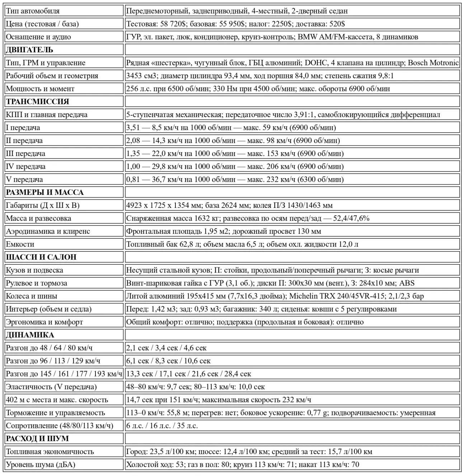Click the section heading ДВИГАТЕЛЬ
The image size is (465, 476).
pyautogui.click(x=29, y=50)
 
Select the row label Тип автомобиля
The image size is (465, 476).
pyautogui.click(x=33, y=11)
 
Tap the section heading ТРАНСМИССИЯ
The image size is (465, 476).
pyautogui.click(x=37, y=102)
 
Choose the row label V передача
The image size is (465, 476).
pyautogui.click(x=24, y=180)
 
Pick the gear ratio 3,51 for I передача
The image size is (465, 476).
pyautogui.click(x=133, y=128)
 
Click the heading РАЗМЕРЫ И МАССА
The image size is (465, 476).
pyautogui.click(x=44, y=192)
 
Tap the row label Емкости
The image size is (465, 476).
pyautogui.click(x=20, y=244)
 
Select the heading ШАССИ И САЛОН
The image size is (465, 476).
pyautogui.click(x=41, y=257)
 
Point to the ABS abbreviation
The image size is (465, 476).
pyautogui.click(x=407, y=283)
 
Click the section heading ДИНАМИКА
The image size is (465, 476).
pyautogui.click(x=30, y=335)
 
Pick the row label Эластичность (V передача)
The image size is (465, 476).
pyautogui.click(x=51, y=387)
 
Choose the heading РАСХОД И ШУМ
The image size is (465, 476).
pyautogui.click(x=37, y=439)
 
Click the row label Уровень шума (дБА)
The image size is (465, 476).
pyautogui.click(x=41, y=465)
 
